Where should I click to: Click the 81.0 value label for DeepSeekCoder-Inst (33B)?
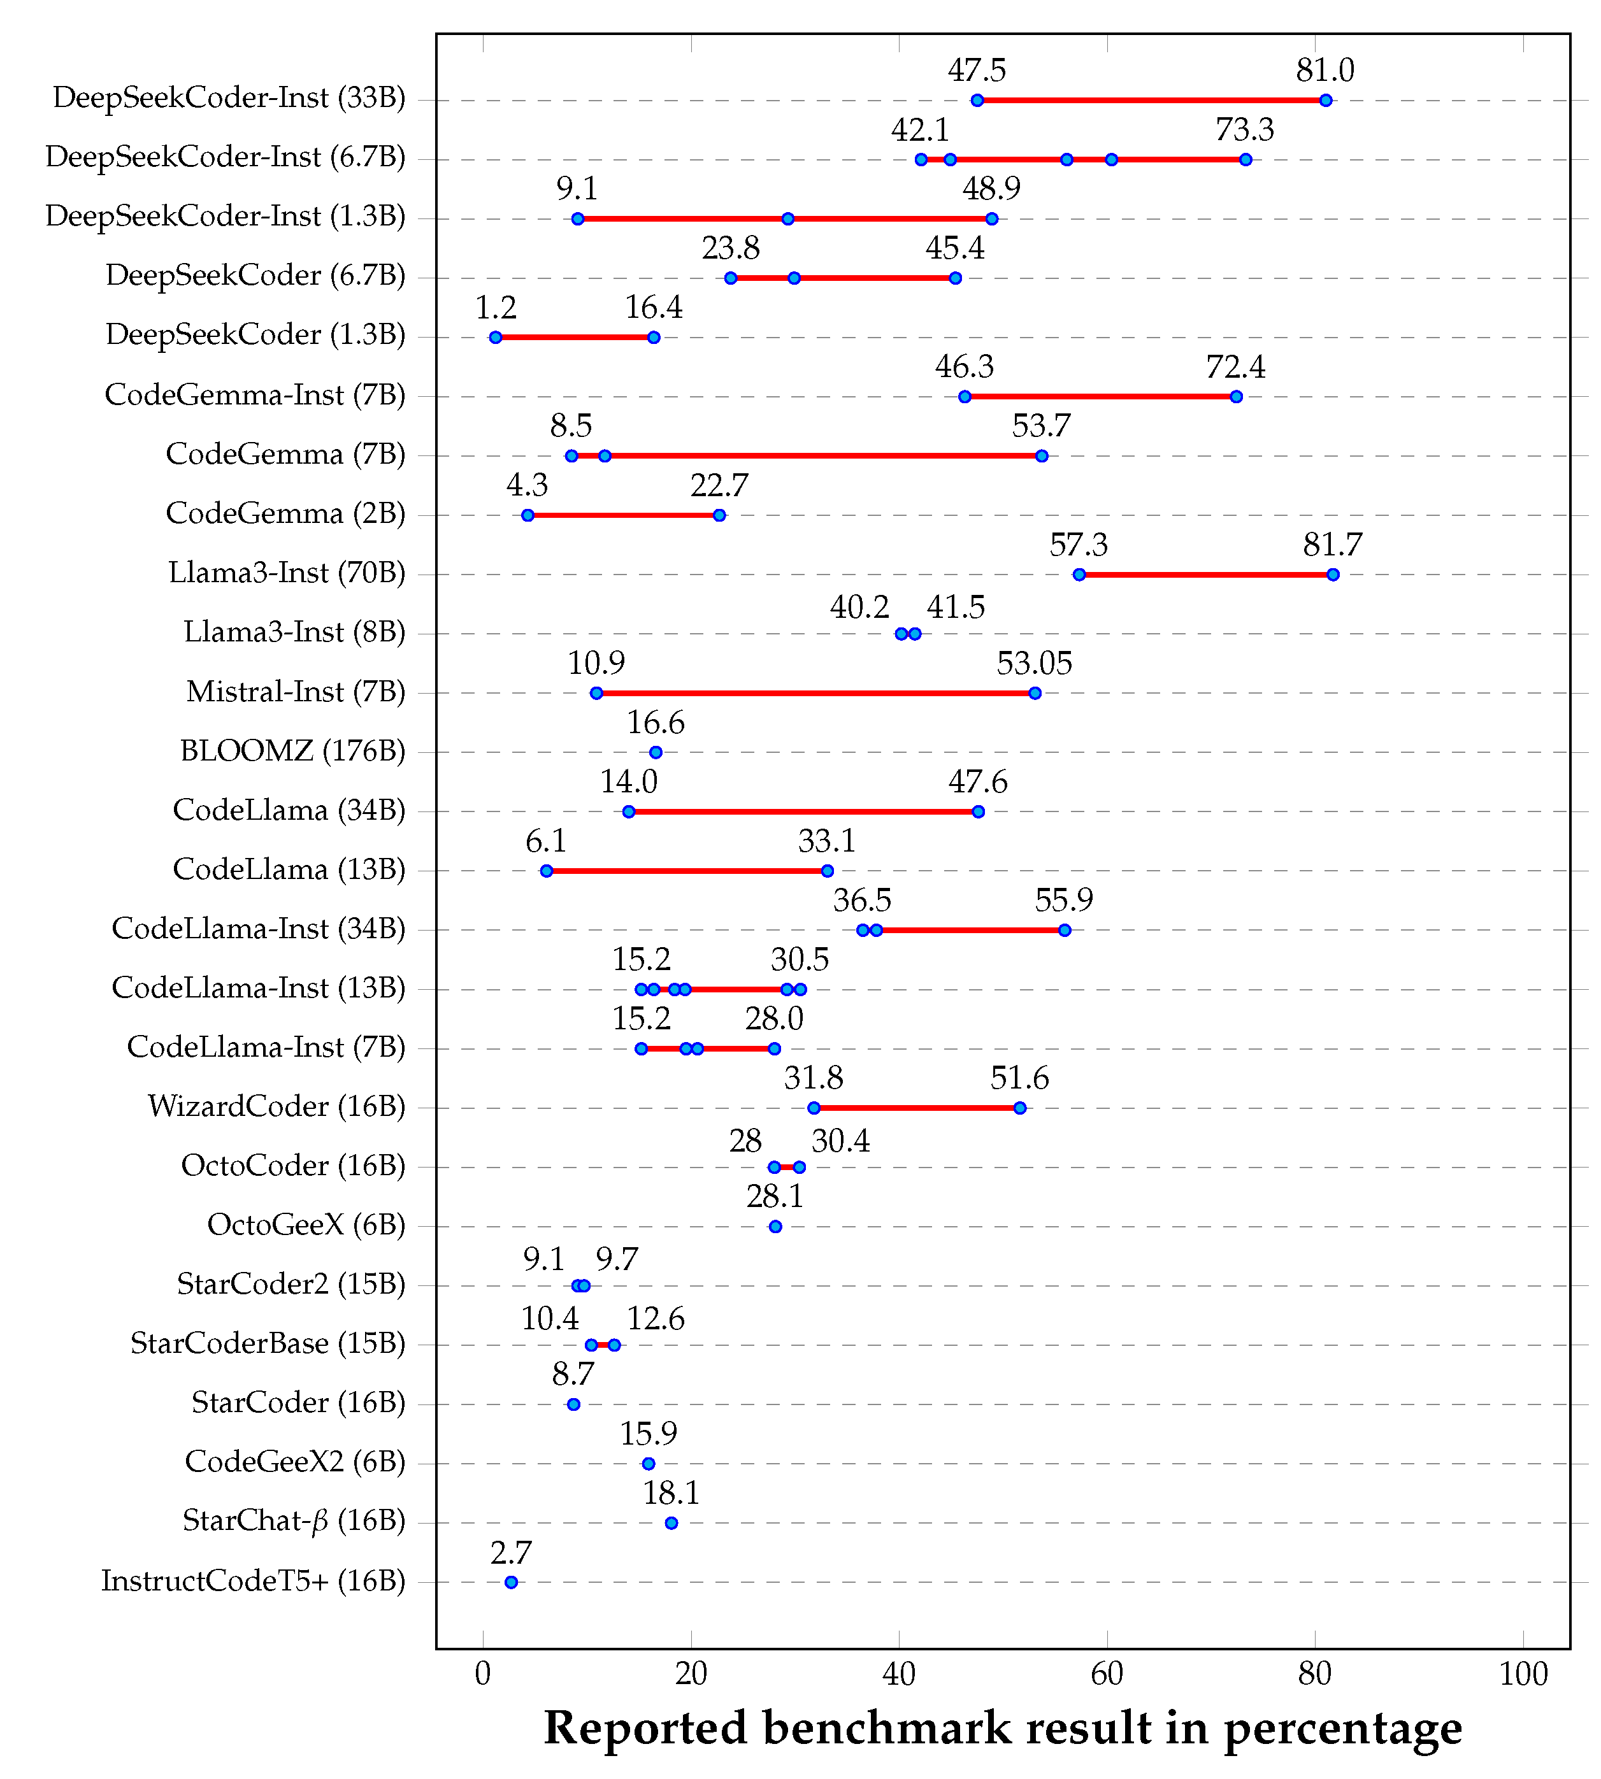(x=1324, y=70)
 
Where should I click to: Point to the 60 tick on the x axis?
(x=1107, y=1673)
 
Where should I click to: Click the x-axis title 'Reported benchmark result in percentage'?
(x=1003, y=1729)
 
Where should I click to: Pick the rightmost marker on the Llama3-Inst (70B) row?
(x=1333, y=575)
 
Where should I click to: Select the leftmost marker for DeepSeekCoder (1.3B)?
(x=495, y=337)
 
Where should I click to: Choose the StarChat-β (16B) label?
(x=293, y=1520)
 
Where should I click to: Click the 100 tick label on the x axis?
(x=1523, y=1673)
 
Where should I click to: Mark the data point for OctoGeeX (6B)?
(x=775, y=1226)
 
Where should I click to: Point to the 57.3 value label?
(x=1079, y=545)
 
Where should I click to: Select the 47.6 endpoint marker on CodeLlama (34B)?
(x=978, y=811)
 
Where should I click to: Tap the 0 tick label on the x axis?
(x=483, y=1673)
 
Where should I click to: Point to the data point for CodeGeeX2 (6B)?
(x=649, y=1463)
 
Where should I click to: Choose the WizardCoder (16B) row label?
(x=276, y=1106)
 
